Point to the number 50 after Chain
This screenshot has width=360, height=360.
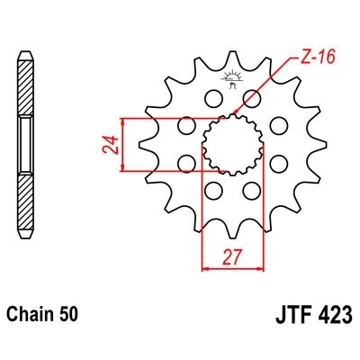click(x=70, y=316)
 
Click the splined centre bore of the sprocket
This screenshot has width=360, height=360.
click(x=233, y=144)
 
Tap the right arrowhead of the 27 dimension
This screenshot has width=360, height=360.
click(x=264, y=267)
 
